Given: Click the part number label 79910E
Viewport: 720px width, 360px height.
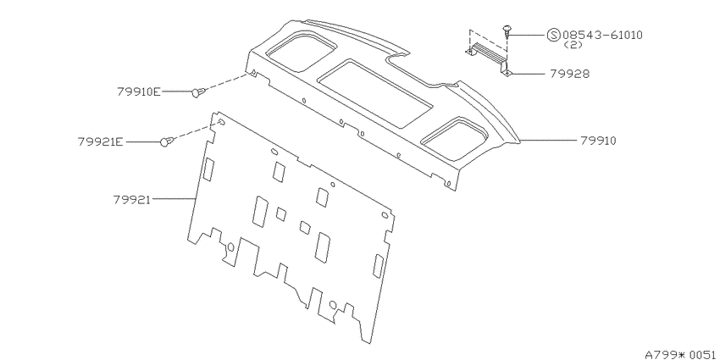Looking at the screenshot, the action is tap(139, 91).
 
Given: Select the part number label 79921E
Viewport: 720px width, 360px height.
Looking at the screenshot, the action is tap(101, 142).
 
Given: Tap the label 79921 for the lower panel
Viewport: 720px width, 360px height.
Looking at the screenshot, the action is tap(132, 200).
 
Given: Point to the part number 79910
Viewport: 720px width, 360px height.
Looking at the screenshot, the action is tap(598, 141).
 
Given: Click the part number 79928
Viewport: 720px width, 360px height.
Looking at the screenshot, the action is tap(569, 74).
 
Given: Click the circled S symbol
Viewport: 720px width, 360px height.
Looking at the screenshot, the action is tap(554, 35).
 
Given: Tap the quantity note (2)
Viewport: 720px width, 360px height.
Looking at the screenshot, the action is tap(573, 45).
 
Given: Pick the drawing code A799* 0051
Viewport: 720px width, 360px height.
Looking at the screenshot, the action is tap(682, 355).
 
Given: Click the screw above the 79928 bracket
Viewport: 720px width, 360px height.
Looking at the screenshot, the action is tap(507, 30).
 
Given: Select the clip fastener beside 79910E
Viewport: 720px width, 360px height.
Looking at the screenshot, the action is tap(198, 92).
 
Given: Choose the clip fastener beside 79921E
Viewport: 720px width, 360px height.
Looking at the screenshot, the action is tap(167, 142).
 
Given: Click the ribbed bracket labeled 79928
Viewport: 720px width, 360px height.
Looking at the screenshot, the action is tap(488, 58).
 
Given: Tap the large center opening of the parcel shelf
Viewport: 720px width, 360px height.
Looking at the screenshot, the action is tap(375, 94).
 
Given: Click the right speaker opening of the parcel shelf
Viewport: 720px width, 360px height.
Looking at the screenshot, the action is tap(456, 139).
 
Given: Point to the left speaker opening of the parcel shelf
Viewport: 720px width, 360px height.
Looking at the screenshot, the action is tap(301, 52).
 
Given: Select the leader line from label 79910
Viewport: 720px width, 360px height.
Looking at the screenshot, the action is tap(548, 141).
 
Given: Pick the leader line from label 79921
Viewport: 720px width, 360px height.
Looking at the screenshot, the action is tap(174, 199).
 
